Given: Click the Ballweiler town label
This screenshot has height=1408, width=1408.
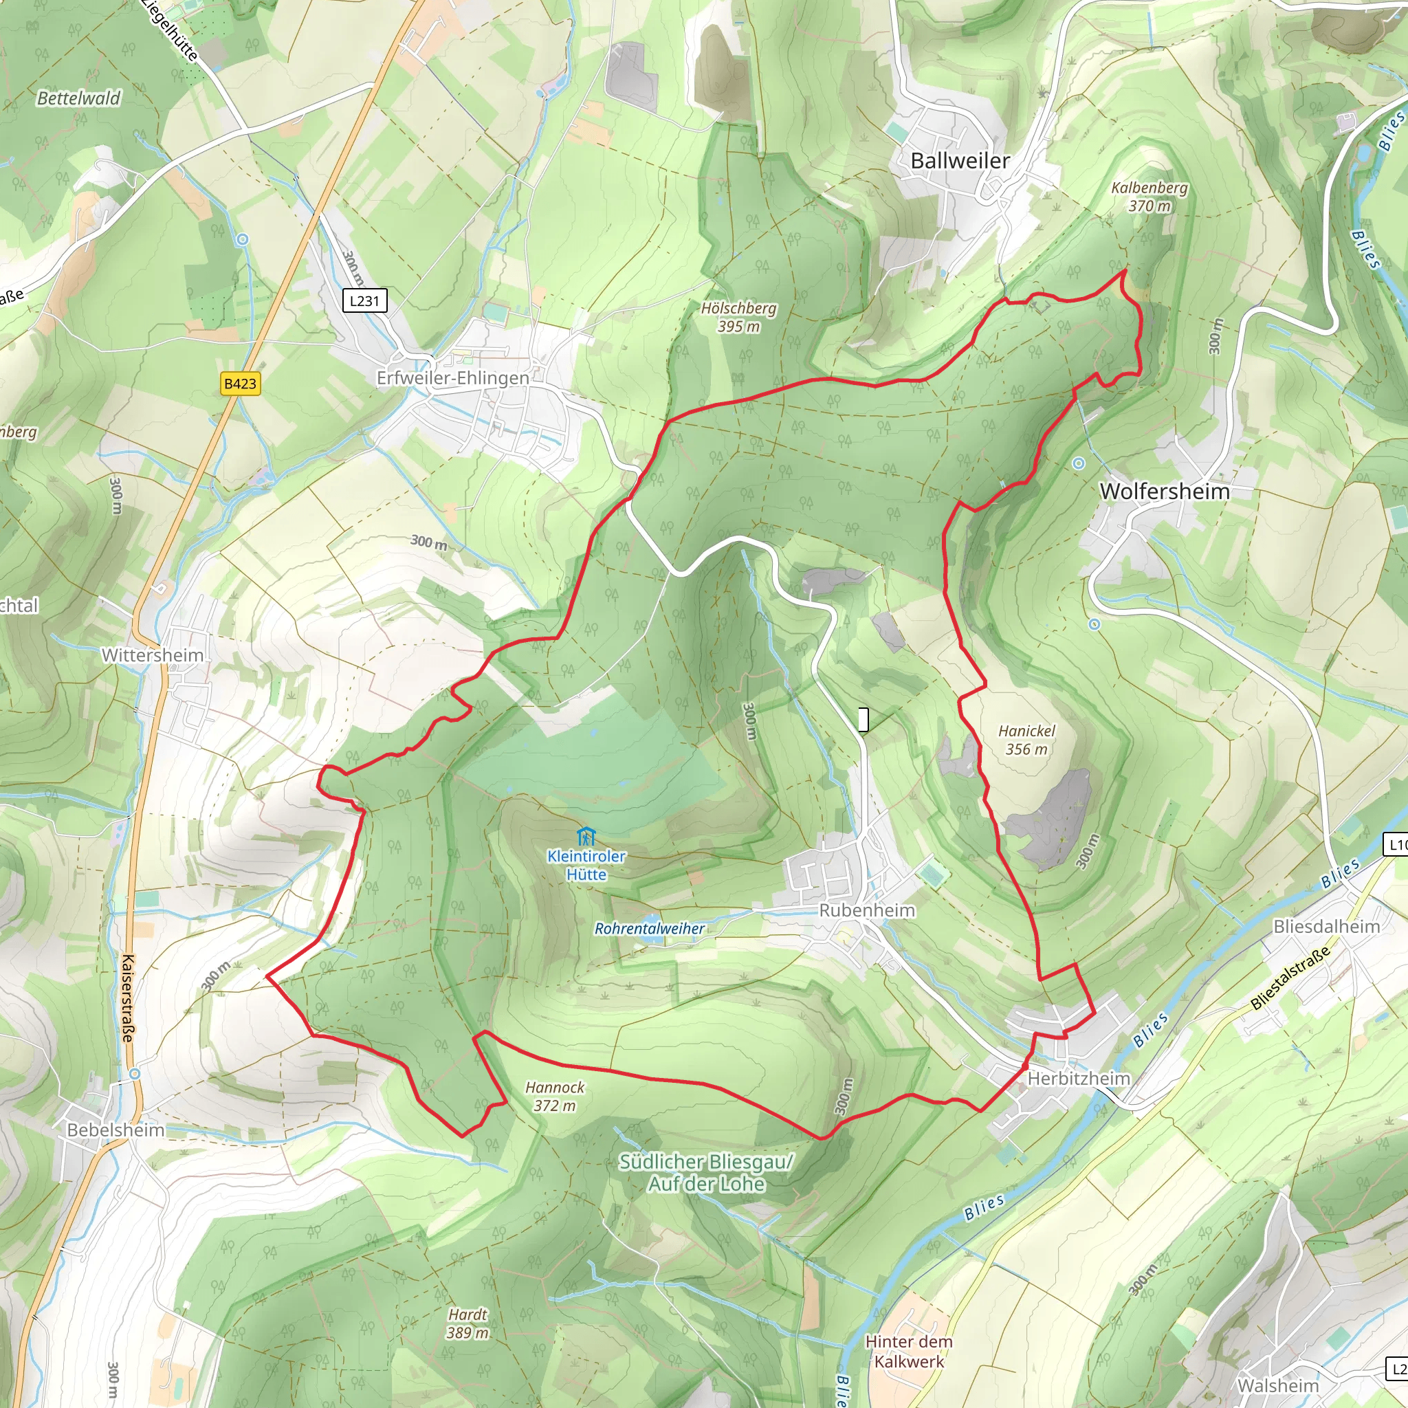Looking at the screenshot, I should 960,161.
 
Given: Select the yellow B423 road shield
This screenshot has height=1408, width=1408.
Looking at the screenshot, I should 240,384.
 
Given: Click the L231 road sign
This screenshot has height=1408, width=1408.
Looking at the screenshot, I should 364,300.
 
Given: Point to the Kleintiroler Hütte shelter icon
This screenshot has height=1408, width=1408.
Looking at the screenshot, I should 585,836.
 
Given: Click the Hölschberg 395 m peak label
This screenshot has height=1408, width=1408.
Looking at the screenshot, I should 738,317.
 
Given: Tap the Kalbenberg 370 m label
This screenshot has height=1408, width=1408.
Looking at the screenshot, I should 1149,197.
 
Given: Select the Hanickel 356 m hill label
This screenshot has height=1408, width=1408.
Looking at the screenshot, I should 1026,740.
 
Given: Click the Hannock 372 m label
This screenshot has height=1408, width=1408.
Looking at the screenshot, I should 555,1096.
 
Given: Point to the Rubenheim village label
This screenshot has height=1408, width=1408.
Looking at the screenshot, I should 866,910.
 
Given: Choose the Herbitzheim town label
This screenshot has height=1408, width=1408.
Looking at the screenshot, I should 1079,1078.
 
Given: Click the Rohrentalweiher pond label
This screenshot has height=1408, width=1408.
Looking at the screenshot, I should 649,928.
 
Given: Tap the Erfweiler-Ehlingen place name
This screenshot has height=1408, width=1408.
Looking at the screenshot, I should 452,377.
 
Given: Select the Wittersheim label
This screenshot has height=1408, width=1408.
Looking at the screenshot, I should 153,655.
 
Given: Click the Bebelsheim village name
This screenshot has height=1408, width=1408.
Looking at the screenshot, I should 115,1130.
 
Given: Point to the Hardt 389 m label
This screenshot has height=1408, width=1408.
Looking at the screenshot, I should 467,1323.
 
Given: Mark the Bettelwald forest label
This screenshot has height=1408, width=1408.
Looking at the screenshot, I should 78,98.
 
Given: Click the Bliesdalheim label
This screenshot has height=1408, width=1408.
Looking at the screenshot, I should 1326,926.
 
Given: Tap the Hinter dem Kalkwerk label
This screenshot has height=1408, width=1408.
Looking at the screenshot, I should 908,1351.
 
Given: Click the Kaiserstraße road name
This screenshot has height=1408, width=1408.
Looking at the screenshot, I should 129,998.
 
